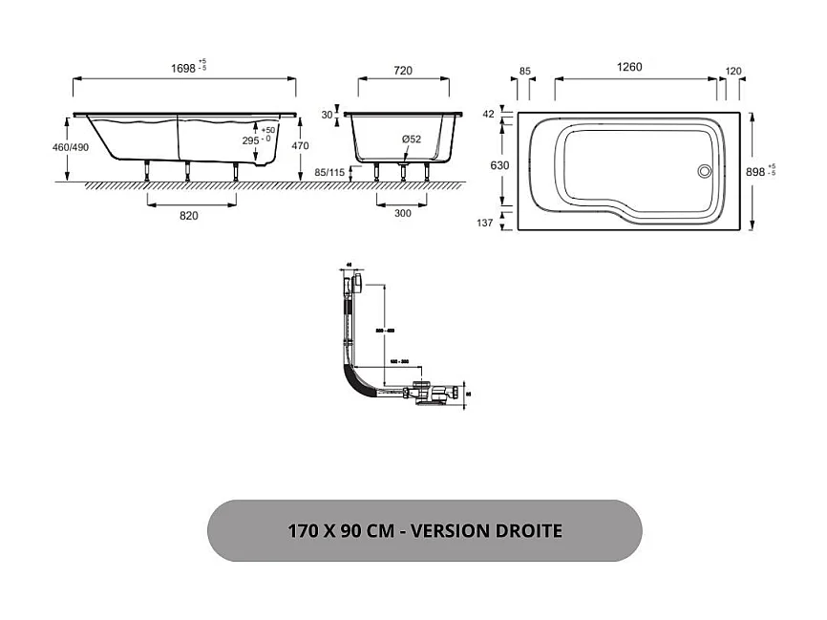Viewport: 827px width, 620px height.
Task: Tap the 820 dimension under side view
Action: pyautogui.click(x=189, y=216)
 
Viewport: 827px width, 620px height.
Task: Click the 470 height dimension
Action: pyautogui.click(x=300, y=146)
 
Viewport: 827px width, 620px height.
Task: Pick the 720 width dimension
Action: pyautogui.click(x=402, y=71)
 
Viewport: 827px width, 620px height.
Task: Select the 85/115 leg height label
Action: pyautogui.click(x=328, y=173)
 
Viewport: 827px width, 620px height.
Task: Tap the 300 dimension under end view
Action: pyautogui.click(x=402, y=213)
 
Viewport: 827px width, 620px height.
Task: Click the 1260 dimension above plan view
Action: pyautogui.click(x=629, y=67)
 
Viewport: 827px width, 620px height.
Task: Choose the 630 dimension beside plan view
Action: pyautogui.click(x=499, y=165)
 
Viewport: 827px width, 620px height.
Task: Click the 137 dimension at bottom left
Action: pyautogui.click(x=485, y=223)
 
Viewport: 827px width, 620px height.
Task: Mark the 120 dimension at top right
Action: pyautogui.click(x=734, y=71)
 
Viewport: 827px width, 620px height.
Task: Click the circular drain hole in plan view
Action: pyautogui.click(x=705, y=172)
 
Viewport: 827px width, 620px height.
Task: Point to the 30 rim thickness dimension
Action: pyautogui.click(x=328, y=115)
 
